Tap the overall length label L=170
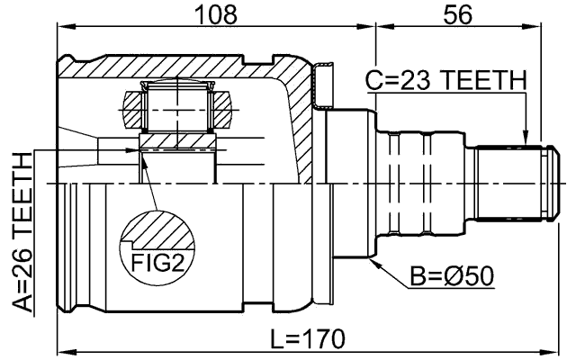(308, 338)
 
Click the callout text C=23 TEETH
(445, 81)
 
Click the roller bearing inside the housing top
(179, 107)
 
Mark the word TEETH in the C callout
(481, 81)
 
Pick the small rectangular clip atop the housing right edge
(321, 83)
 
